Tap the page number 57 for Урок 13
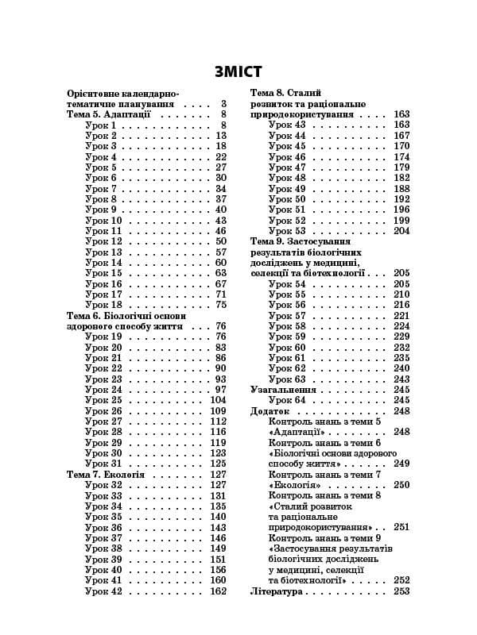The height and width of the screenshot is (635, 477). (x=221, y=252)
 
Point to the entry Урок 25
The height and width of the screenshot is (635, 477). (x=103, y=400)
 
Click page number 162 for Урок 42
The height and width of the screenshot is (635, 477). (x=218, y=591)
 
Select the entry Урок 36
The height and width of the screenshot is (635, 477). (x=103, y=528)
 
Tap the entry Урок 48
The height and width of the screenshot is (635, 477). (x=287, y=178)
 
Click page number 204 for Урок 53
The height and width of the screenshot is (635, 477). (x=401, y=231)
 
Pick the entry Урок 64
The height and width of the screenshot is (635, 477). (x=287, y=400)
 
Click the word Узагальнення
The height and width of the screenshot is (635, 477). (x=283, y=390)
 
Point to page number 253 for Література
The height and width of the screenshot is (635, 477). (x=401, y=591)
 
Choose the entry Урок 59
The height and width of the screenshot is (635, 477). (x=287, y=337)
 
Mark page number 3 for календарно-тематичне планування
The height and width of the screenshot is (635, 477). (x=224, y=104)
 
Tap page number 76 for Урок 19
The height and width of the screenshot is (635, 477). (x=221, y=337)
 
